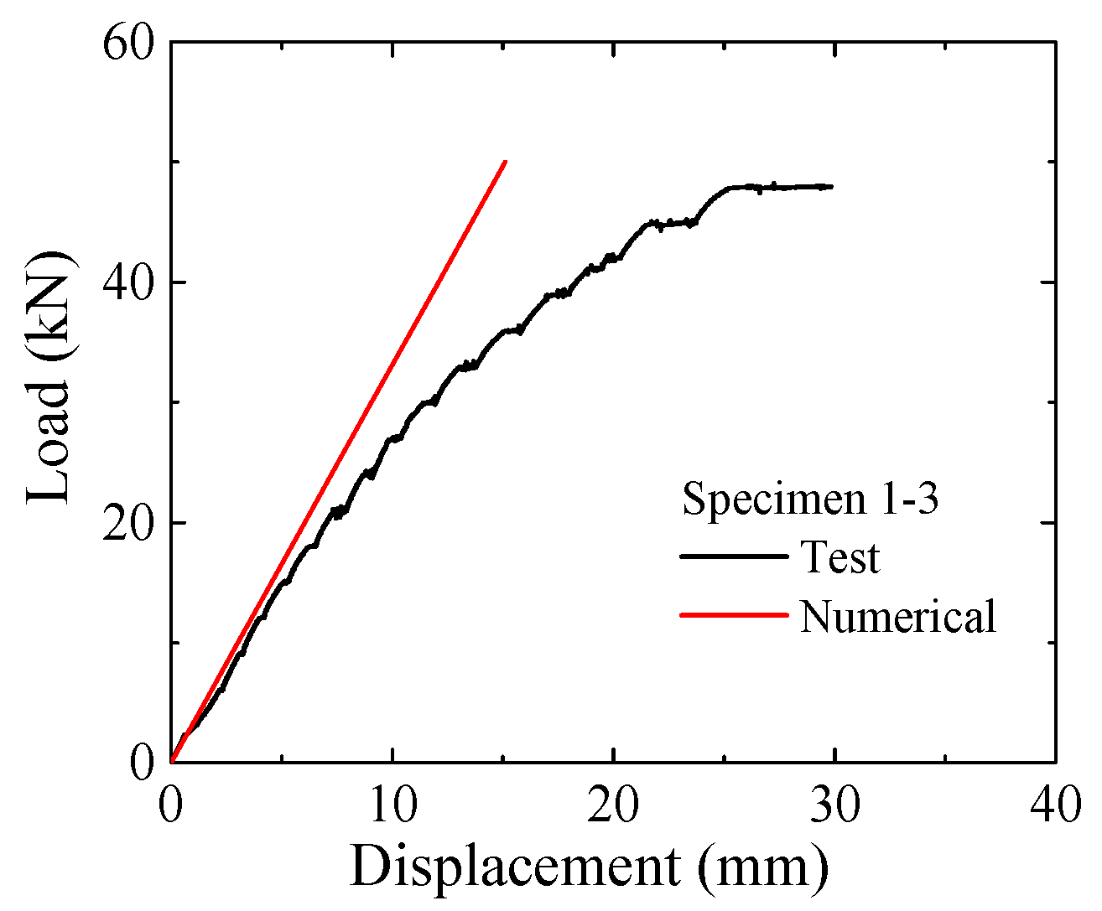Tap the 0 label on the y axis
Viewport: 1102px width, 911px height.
[143, 762]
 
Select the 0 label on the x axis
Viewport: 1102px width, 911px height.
[171, 806]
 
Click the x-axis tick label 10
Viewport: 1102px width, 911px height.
[392, 806]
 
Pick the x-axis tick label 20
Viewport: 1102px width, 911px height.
[614, 806]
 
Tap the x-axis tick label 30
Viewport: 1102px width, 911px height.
[835, 806]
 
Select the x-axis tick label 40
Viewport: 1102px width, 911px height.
[1055, 806]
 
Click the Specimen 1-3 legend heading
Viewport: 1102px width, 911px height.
[810, 499]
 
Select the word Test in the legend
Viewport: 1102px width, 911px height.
[839, 557]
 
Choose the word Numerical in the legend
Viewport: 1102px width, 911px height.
[898, 616]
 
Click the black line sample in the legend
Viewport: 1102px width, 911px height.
[734, 556]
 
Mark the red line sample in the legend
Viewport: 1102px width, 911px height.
[734, 615]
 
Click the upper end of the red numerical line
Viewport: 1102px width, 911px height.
[504, 162]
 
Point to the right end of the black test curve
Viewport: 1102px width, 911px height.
[831, 186]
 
